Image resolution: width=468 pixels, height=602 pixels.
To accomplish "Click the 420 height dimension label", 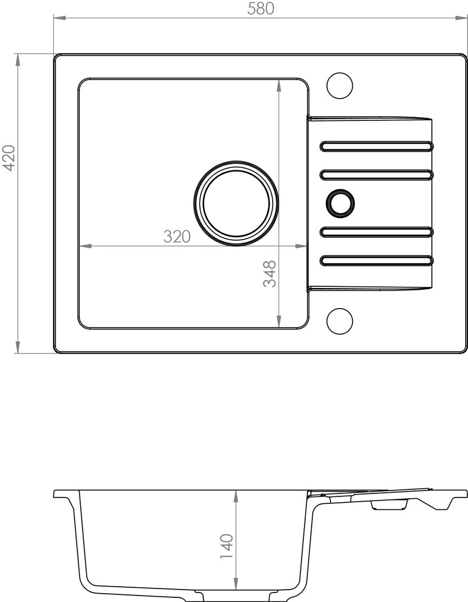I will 9,158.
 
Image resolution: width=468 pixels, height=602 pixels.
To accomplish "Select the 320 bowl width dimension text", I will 177,237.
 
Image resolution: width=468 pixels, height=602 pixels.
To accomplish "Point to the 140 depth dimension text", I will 227,547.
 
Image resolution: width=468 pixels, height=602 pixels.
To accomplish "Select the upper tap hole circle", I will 339,86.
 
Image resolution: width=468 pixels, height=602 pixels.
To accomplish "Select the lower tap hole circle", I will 339,321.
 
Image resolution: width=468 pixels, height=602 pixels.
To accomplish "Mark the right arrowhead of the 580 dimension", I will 464,18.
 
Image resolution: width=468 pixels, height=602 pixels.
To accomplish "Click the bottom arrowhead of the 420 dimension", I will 18,350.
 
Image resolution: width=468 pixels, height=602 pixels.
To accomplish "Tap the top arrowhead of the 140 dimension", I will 236,493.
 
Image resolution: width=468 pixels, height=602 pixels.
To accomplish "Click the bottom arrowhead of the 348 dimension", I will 279,324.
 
